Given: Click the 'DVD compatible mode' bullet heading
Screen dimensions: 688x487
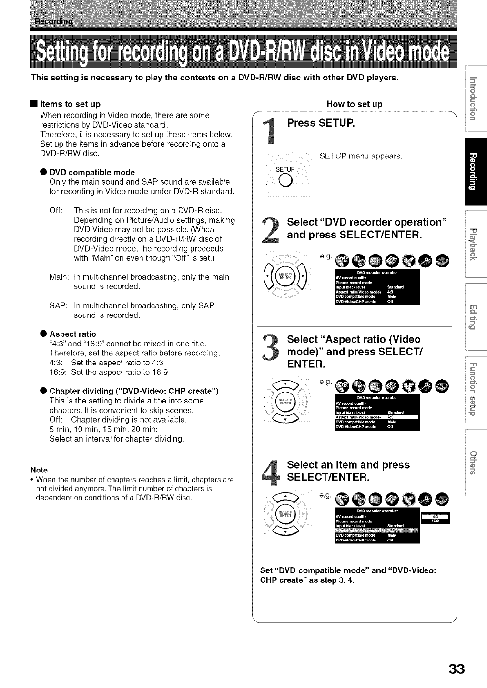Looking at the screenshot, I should click(92, 172).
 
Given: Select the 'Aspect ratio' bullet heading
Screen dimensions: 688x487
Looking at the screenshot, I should click(72, 334).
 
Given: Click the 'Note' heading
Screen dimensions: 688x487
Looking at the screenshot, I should click(39, 470).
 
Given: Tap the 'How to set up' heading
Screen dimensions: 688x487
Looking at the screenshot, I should click(355, 104).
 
